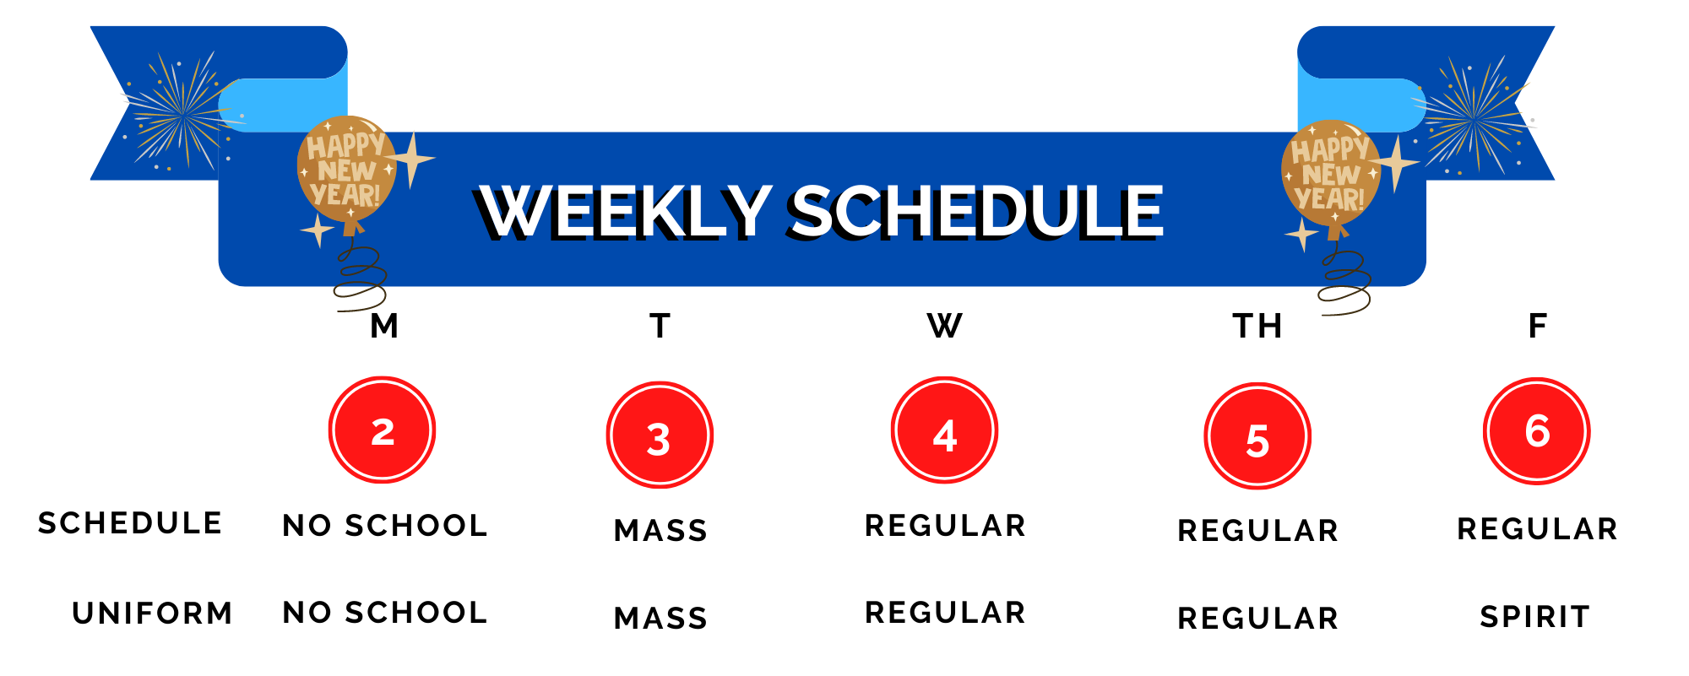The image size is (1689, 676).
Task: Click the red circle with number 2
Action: tap(382, 430)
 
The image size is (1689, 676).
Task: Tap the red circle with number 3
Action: tap(660, 435)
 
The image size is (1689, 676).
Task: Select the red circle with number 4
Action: tap(944, 430)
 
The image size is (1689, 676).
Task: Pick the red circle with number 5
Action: tap(1257, 436)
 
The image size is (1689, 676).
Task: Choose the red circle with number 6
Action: tap(1537, 431)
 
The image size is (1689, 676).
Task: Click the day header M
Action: tap(384, 326)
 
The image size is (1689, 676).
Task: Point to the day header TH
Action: tap(1257, 326)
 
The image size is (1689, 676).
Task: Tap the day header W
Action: tap(944, 326)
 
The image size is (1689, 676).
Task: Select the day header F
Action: tap(1538, 326)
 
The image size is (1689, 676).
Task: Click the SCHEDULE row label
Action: tap(130, 523)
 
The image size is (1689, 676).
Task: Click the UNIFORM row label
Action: tap(153, 613)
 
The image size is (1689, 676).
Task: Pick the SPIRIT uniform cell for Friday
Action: tap(1535, 617)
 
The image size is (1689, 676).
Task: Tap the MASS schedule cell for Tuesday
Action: tap(661, 531)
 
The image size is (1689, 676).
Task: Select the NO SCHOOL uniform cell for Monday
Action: tap(385, 613)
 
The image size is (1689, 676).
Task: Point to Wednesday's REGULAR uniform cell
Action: tap(946, 613)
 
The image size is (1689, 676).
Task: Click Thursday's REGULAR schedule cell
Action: tap(1258, 531)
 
